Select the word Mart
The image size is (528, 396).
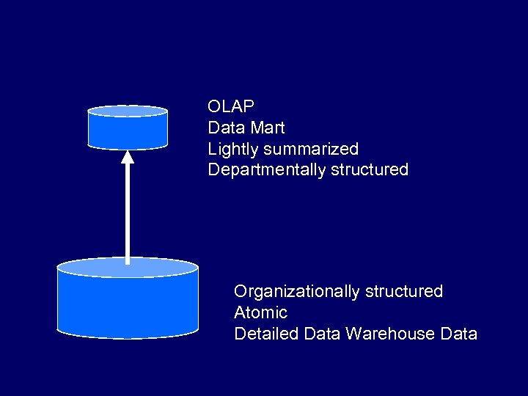tap(266, 128)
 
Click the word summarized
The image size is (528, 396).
tap(311, 149)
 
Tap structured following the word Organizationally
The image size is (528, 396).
tap(408, 291)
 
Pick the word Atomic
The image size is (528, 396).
tap(260, 312)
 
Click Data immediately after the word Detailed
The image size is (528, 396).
tap(321, 334)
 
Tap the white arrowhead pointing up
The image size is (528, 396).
tap(128, 156)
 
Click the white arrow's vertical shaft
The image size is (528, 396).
tap(128, 213)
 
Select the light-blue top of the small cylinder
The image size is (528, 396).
tap(128, 111)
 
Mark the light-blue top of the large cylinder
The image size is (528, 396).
tap(128, 267)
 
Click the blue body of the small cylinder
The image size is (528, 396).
tap(128, 133)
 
